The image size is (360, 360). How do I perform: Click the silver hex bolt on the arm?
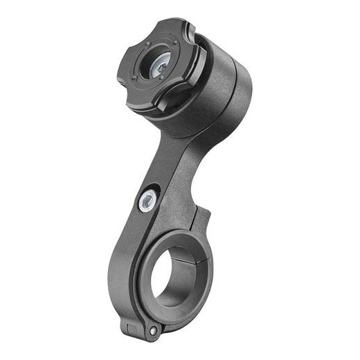click(147, 201)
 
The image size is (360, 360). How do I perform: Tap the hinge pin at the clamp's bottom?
click(153, 332)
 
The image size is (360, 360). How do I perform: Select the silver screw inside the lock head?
click(159, 64)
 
